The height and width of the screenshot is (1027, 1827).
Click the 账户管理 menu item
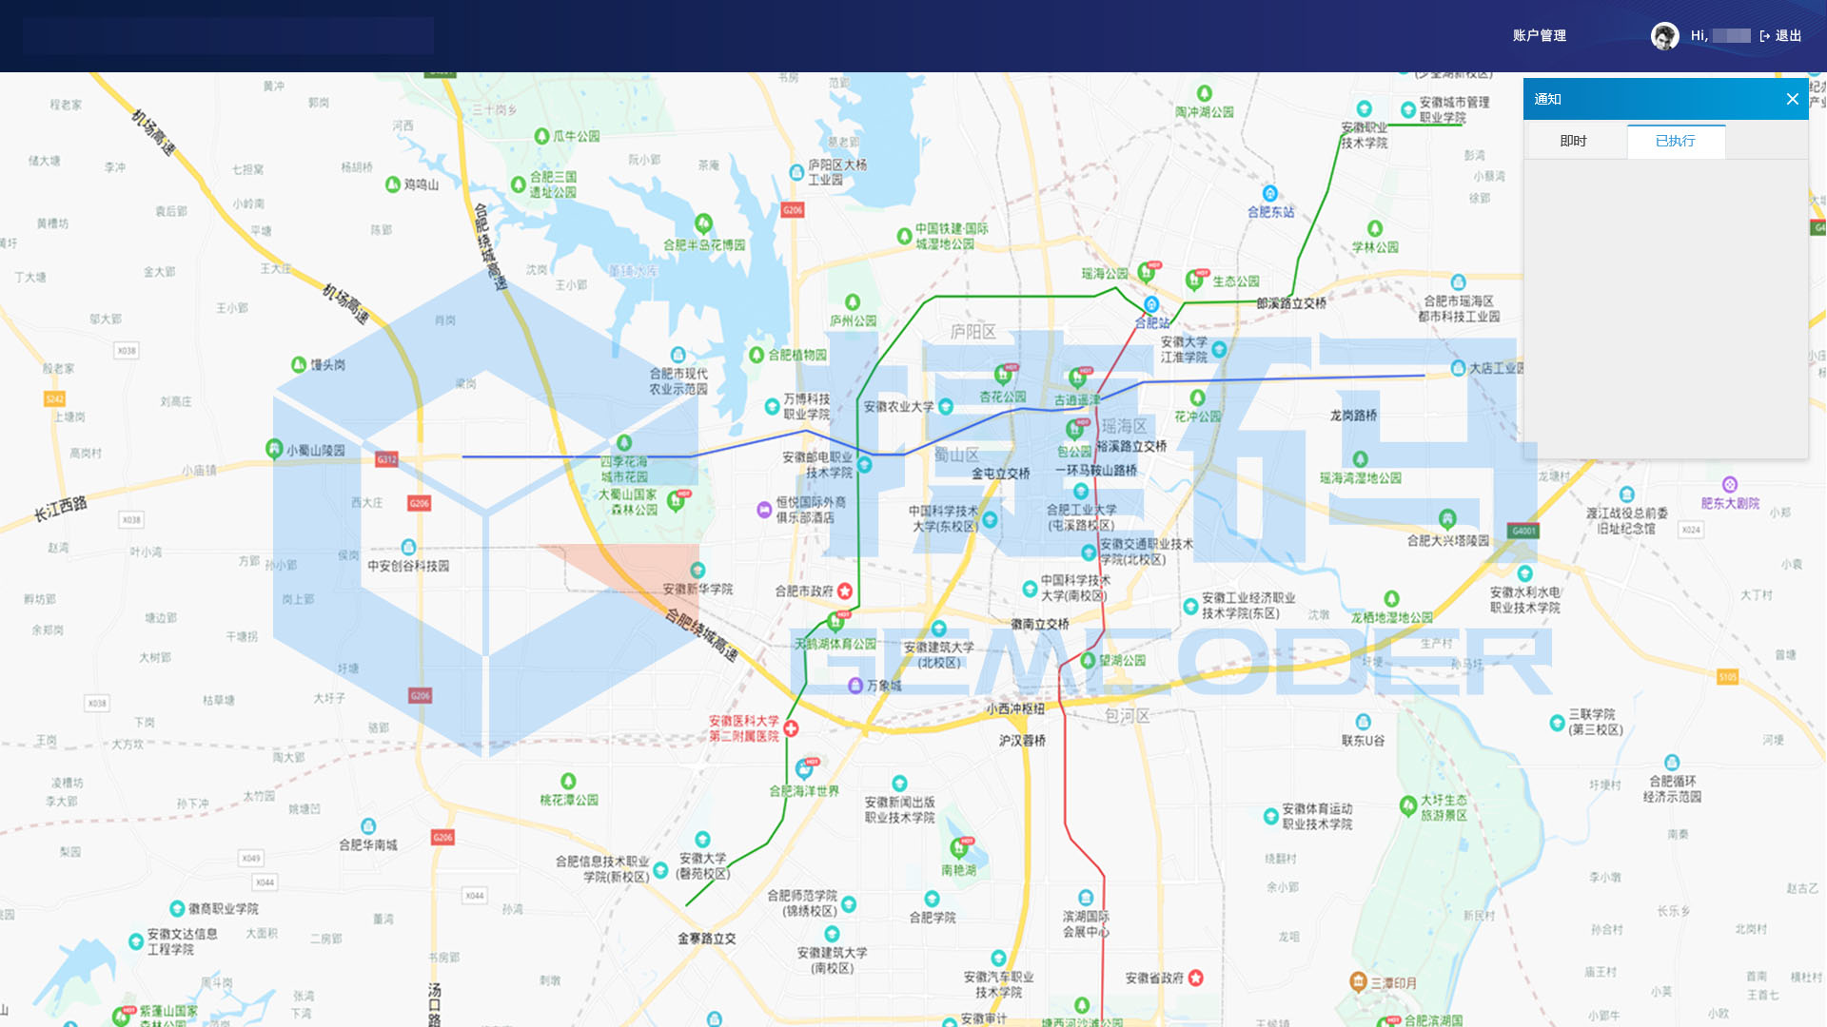coord(1539,36)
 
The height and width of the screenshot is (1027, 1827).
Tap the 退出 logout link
coord(1781,36)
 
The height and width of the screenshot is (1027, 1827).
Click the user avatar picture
coord(1664,36)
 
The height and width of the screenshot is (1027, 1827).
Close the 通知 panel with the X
coord(1792,99)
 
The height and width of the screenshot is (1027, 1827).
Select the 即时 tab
coord(1573,141)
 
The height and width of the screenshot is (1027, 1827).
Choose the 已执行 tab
coord(1675,141)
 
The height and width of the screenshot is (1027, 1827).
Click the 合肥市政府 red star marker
coord(844,591)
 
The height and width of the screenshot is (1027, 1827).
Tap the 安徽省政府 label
coord(1154,978)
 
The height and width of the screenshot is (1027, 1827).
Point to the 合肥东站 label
coord(1270,212)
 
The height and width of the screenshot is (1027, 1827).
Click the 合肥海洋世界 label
coord(804,791)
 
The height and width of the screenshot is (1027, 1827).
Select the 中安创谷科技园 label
coord(408,566)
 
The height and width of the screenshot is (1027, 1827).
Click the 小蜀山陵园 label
coord(316,450)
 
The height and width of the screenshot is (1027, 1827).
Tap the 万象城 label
coord(883,686)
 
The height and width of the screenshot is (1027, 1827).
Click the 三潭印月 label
coord(1393,982)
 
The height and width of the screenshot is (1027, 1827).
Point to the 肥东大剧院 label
coord(1730,503)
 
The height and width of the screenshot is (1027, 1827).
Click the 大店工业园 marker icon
coord(1458,368)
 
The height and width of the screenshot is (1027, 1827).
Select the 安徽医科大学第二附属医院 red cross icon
coord(791,728)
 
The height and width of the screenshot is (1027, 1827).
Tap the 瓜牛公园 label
coord(576,136)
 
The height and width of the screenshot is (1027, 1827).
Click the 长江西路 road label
coord(61,508)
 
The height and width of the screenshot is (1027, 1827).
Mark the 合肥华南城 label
coord(368,844)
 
